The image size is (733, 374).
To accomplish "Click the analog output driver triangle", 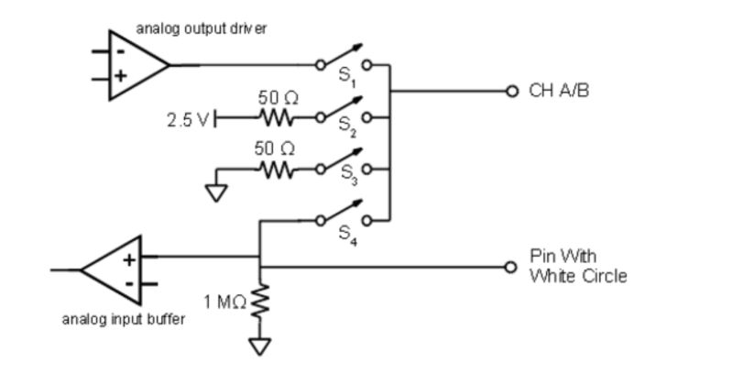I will click(x=134, y=65).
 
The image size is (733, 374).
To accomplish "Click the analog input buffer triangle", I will click(x=115, y=269).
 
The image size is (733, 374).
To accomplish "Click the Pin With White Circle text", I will click(x=578, y=266).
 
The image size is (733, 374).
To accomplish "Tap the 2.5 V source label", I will click(x=188, y=118).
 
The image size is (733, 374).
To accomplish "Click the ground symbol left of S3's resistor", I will click(x=215, y=192).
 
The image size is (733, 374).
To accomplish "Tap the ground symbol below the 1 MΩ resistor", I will click(x=261, y=346).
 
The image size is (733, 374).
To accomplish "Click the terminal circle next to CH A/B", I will click(x=512, y=92).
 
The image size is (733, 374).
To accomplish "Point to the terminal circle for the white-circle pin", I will click(x=512, y=267).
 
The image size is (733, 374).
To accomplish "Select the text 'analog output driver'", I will click(x=202, y=29).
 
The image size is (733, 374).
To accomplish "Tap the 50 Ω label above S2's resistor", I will click(x=275, y=97).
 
